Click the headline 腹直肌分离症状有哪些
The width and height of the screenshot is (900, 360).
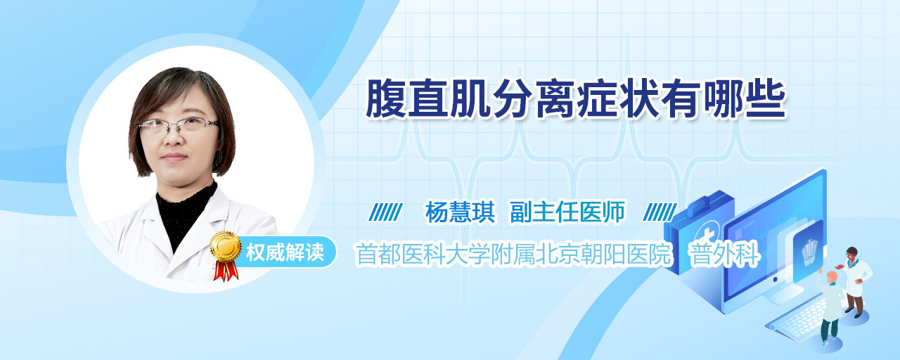coord(576,99)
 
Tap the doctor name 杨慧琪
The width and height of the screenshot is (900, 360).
coord(461,212)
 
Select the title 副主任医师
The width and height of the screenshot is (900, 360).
coord(567,212)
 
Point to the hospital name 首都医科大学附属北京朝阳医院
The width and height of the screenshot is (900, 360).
coord(514,254)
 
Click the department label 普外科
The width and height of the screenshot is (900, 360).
coord(724,254)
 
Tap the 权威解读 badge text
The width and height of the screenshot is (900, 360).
coord(285,252)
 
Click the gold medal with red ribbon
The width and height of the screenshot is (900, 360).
coord(226,255)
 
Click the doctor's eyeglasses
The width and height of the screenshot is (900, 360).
coord(179,126)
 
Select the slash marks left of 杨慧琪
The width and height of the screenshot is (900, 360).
coord(386,212)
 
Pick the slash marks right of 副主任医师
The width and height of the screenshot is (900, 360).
coord(660,212)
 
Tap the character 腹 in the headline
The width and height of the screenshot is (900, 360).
coord(386,99)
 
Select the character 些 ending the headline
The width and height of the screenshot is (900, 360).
coord(766,99)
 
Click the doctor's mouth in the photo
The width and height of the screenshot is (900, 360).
coord(174,157)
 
